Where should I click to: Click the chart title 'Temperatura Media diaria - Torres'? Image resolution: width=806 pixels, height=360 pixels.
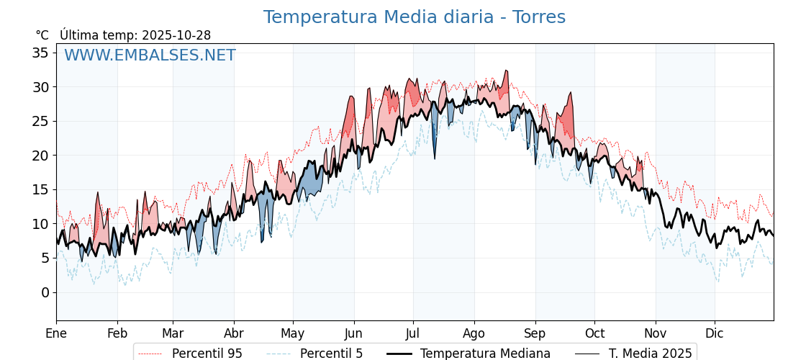click(414, 17)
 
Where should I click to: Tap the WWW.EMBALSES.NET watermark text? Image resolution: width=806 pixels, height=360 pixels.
click(150, 55)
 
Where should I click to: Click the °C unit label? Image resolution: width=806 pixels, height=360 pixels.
click(42, 35)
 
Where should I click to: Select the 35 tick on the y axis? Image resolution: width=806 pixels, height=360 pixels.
click(40, 53)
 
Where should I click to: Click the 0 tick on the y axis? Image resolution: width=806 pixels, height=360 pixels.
click(45, 292)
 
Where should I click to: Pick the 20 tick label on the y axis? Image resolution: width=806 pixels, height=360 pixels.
click(40, 156)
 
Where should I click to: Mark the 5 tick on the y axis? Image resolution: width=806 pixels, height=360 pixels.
click(45, 258)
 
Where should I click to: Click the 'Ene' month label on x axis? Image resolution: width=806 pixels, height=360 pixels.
click(56, 333)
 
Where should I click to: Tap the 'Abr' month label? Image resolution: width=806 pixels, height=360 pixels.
click(234, 333)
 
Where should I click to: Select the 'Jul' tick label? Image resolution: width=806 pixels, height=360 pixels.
click(413, 333)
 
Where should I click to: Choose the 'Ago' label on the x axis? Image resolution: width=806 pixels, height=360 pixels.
click(474, 333)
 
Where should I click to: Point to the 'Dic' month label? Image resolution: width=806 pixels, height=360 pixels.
click(715, 333)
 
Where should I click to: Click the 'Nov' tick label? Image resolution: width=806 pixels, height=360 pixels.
click(656, 333)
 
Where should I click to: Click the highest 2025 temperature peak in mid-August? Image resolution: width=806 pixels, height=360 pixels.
click(507, 71)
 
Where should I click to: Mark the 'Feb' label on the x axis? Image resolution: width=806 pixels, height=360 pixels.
click(117, 333)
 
